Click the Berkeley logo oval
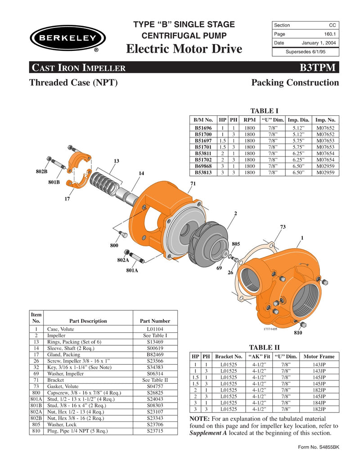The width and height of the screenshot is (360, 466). [x=67, y=37]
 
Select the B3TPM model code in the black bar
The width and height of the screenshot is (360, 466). [x=319, y=68]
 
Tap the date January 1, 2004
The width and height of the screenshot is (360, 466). [x=319, y=43]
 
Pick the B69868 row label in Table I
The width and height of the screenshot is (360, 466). [x=203, y=166]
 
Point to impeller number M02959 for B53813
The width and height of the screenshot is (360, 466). [x=325, y=172]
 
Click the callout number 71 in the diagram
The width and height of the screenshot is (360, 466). [x=193, y=184]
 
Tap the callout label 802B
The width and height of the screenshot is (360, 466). [x=42, y=172]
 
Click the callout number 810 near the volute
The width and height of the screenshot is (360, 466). [x=298, y=333]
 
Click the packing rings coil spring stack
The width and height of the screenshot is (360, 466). [x=104, y=182]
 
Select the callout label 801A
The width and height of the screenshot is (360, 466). [x=132, y=271]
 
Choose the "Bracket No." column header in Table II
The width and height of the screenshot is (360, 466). [x=229, y=356]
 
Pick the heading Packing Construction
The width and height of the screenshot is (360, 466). [x=295, y=83]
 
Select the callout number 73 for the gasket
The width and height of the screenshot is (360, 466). [x=283, y=227]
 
